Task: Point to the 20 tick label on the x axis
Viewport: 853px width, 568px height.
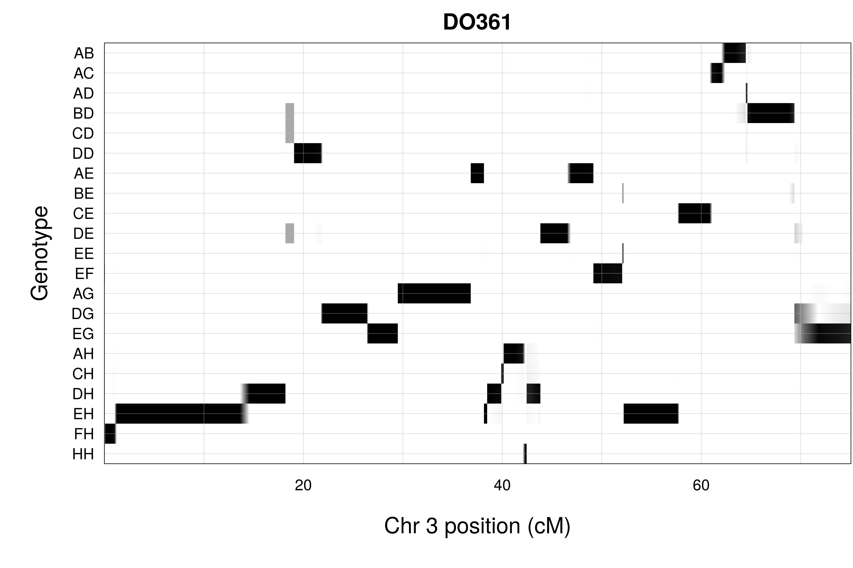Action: coord(303,485)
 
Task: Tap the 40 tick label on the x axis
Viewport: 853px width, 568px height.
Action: coord(502,485)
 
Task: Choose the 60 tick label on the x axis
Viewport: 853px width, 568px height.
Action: coord(701,485)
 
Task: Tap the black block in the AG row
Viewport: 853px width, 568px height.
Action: coord(434,293)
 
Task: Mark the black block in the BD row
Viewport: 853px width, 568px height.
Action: coord(771,113)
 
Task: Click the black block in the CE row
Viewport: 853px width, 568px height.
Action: coord(695,213)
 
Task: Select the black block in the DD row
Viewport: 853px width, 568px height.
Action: coord(308,153)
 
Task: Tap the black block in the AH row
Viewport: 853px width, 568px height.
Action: coord(514,354)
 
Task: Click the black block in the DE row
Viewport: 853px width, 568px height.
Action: coord(555,233)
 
